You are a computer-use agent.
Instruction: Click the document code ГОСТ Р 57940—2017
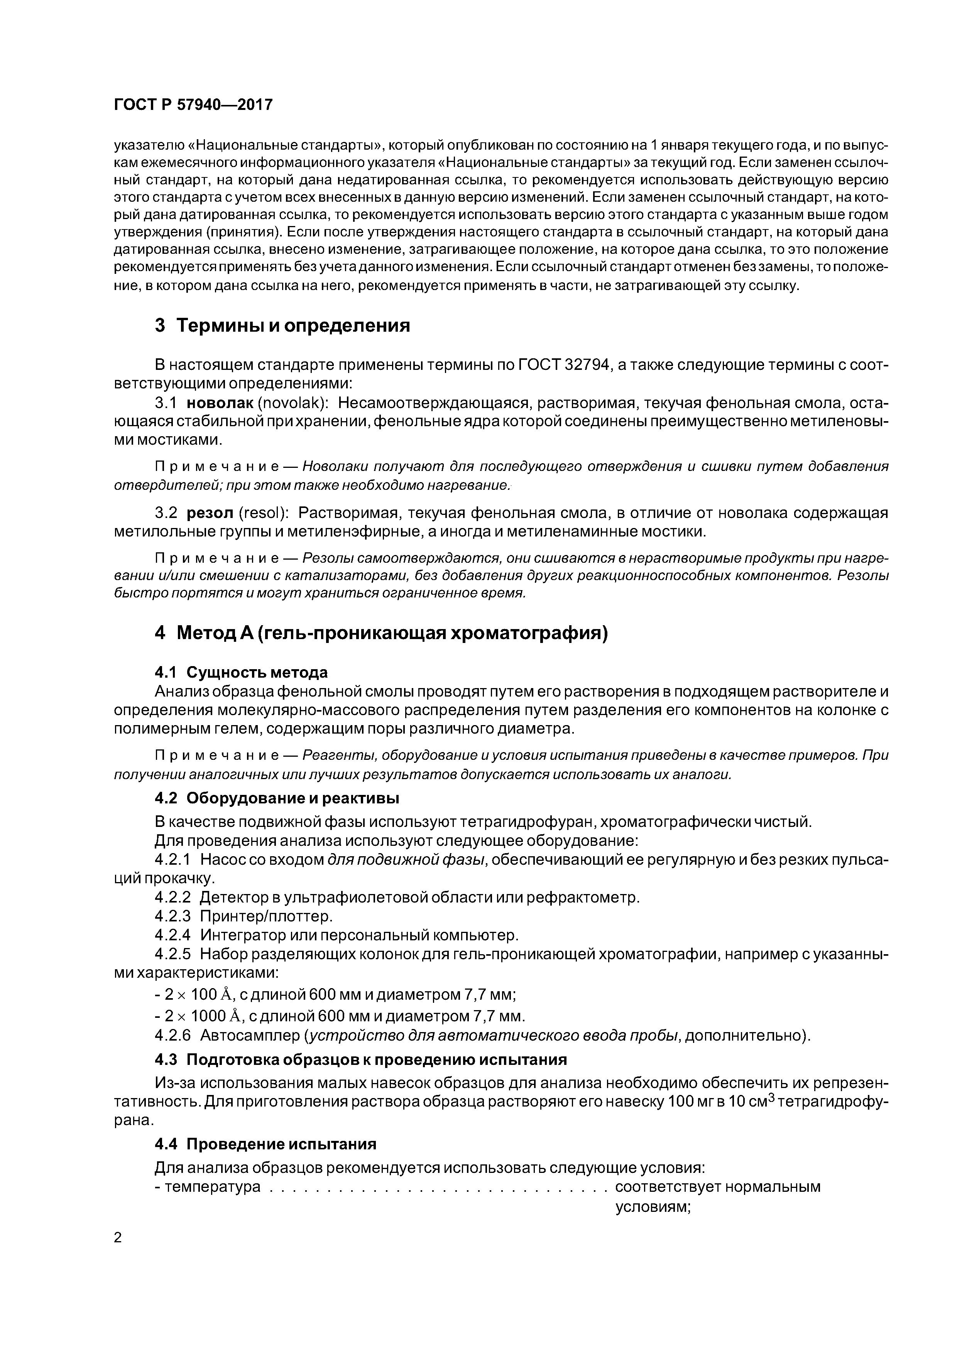click(x=193, y=105)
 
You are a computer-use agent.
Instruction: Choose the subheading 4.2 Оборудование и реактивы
click(x=277, y=798)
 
